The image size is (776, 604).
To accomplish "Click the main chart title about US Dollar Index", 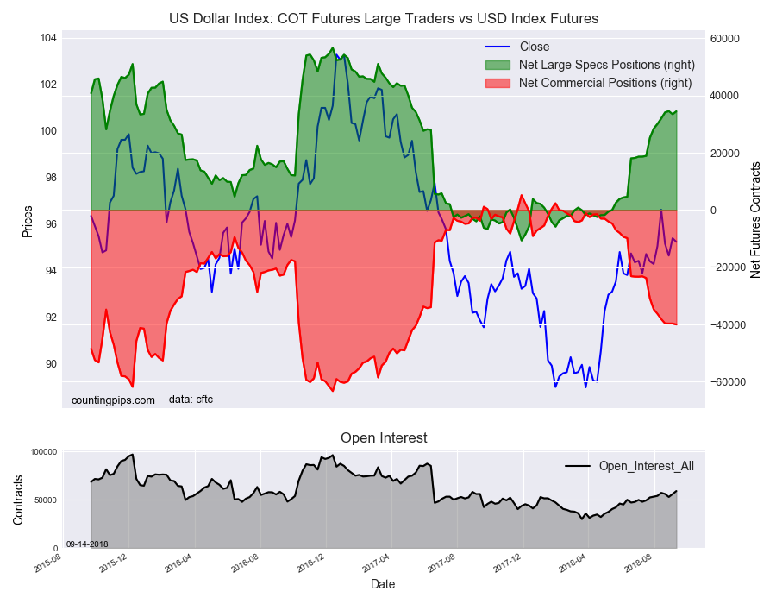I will [384, 18].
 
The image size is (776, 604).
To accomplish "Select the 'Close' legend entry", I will [534, 47].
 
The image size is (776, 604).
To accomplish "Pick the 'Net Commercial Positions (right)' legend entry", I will [604, 83].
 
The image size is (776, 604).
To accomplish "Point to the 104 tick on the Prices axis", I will [47, 38].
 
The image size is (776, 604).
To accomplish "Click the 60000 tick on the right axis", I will [725, 39].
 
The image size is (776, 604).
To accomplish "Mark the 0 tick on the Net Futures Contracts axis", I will [714, 211].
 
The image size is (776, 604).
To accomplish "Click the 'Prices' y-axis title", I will [28, 222].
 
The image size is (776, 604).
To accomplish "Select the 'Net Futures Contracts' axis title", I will [755, 219].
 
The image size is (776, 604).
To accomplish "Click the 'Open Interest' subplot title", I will [384, 438].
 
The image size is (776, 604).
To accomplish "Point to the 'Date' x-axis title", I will [383, 584].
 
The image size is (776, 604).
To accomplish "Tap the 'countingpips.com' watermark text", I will [113, 400].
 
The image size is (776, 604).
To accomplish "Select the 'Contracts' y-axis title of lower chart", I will [18, 499].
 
